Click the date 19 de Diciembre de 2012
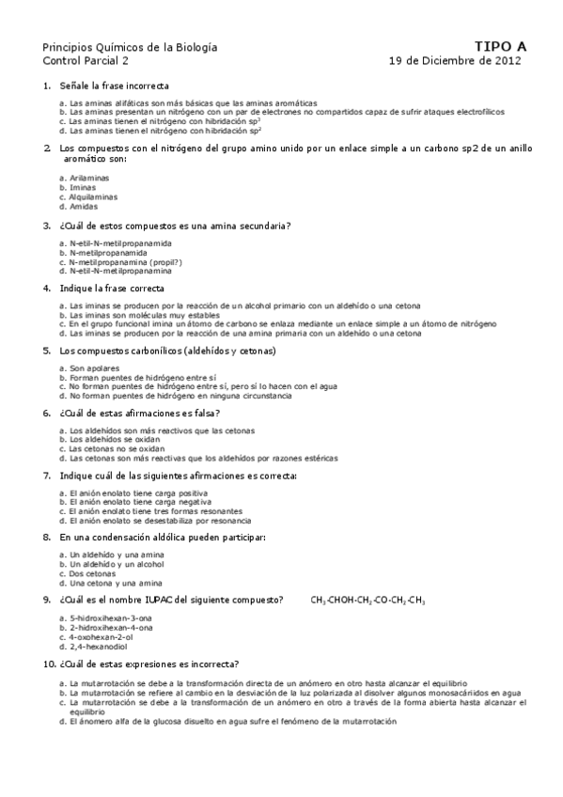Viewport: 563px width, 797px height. coord(456,59)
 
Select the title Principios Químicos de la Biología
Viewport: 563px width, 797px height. coord(117,46)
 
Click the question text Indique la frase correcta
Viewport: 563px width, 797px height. coord(111,288)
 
